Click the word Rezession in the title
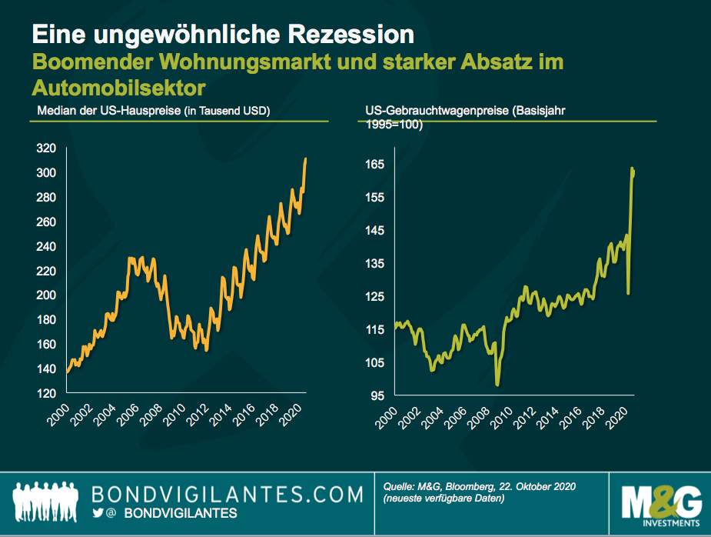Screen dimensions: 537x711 350,35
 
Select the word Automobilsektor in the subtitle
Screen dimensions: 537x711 121,87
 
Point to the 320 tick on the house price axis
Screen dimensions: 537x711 47,148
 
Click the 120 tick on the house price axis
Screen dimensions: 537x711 47,394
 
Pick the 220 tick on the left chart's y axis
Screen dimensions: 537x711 47,271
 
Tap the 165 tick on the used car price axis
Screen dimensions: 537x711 374,165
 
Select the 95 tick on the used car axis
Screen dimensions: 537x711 377,396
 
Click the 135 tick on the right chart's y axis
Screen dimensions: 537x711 374,264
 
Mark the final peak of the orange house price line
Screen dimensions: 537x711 306,159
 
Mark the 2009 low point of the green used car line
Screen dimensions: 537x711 497,384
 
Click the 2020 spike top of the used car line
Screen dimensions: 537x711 633,168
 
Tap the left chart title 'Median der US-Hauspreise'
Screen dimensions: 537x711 108,111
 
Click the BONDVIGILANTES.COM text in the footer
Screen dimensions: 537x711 226,493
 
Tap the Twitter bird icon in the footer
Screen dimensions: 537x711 98,512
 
